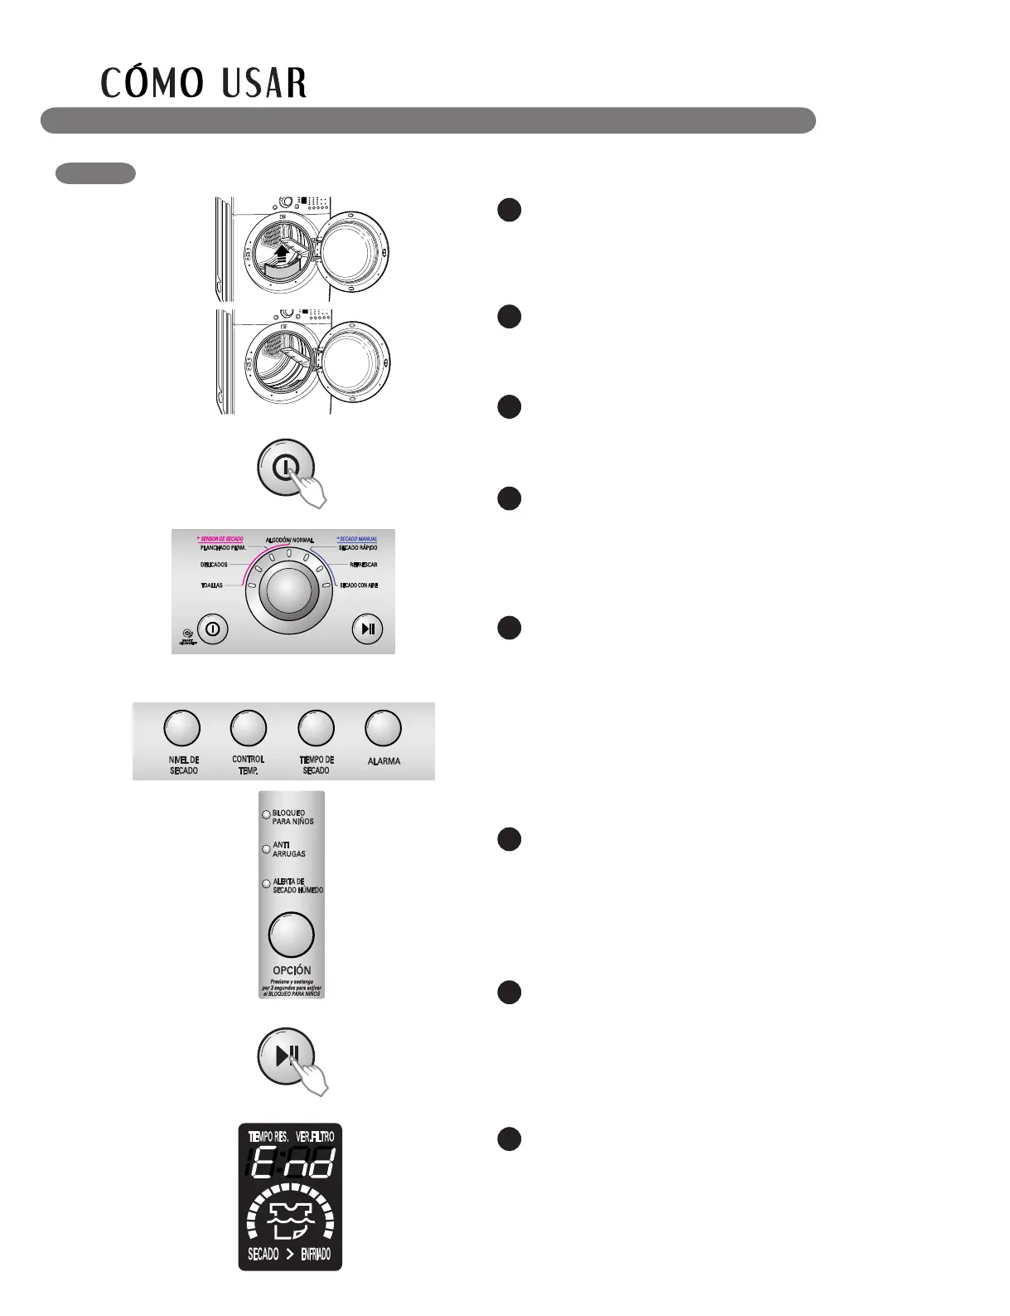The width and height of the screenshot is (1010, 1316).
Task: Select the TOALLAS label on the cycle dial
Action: coord(211,585)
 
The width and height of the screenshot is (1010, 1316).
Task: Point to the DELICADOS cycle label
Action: coord(214,565)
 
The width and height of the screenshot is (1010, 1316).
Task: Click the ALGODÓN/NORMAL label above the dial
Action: coord(290,541)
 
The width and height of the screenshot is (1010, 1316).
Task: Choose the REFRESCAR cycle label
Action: coord(364,565)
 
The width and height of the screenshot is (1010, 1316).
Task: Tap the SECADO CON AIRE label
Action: coord(359,585)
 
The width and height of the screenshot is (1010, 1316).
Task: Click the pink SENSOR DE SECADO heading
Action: coord(220,539)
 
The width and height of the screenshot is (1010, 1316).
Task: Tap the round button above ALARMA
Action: coord(383,728)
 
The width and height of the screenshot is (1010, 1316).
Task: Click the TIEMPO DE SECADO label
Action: coord(316,765)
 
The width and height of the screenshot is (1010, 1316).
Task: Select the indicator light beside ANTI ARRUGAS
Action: coord(266,849)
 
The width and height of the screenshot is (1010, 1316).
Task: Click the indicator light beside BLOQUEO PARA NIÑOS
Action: coord(266,814)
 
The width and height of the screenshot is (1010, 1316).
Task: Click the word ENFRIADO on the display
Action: coord(315,1255)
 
